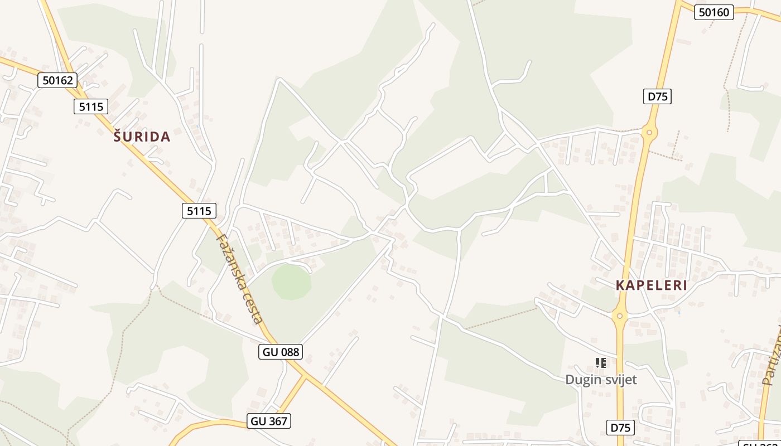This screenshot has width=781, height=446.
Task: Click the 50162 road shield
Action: (x=57, y=80)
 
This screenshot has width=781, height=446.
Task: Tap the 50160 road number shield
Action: (x=713, y=12)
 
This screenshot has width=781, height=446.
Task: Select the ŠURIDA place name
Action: (x=142, y=137)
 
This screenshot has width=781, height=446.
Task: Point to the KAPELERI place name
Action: (x=651, y=285)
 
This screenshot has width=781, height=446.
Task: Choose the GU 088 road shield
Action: (x=281, y=352)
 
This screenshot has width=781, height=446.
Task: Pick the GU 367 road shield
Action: (x=269, y=421)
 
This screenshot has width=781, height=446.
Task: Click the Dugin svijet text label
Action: (x=601, y=380)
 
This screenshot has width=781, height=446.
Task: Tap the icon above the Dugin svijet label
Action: (x=600, y=363)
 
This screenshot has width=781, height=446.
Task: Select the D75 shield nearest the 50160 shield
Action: (x=657, y=96)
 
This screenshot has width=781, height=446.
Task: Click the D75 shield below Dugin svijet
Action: (x=620, y=428)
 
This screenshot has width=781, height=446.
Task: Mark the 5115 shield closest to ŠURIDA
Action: (x=90, y=106)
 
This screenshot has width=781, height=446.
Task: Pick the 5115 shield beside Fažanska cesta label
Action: (x=199, y=211)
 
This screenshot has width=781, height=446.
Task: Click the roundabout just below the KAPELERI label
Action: (x=619, y=316)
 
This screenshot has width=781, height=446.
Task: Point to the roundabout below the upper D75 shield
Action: (x=649, y=133)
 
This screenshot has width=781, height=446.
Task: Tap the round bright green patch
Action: (x=291, y=282)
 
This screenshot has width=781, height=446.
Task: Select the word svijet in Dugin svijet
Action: (x=618, y=380)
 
